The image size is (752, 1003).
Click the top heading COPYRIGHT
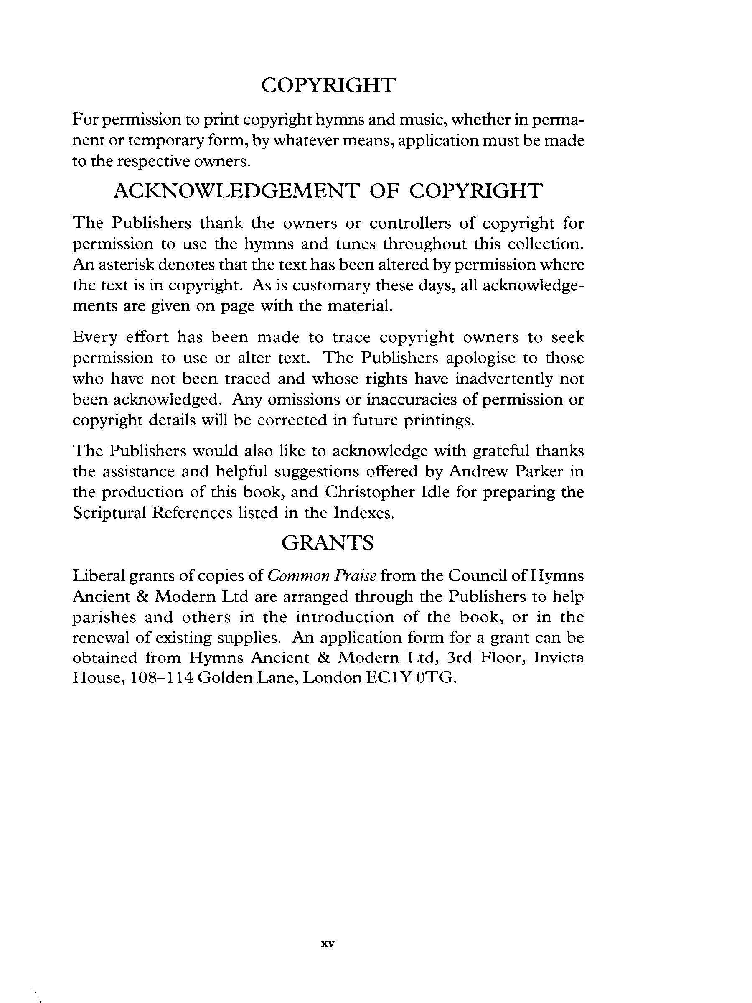(x=329, y=85)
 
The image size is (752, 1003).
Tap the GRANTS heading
(x=328, y=542)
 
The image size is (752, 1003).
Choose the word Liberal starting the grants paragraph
(x=98, y=576)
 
